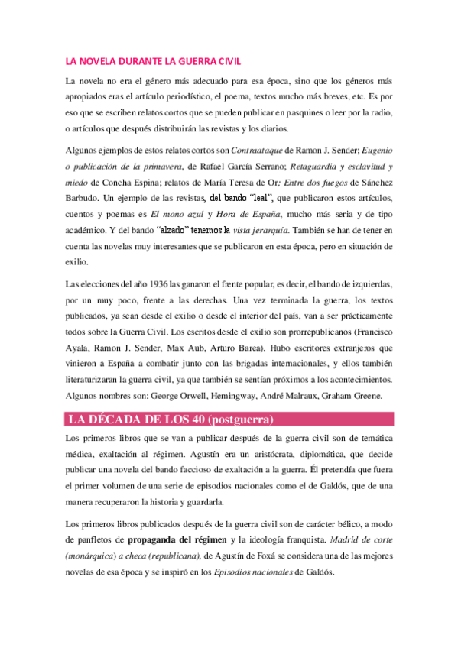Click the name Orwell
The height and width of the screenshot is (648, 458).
pos(226,395)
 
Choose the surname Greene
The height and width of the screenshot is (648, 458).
pos(375,395)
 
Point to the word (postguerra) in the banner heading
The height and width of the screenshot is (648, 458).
pos(234,419)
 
